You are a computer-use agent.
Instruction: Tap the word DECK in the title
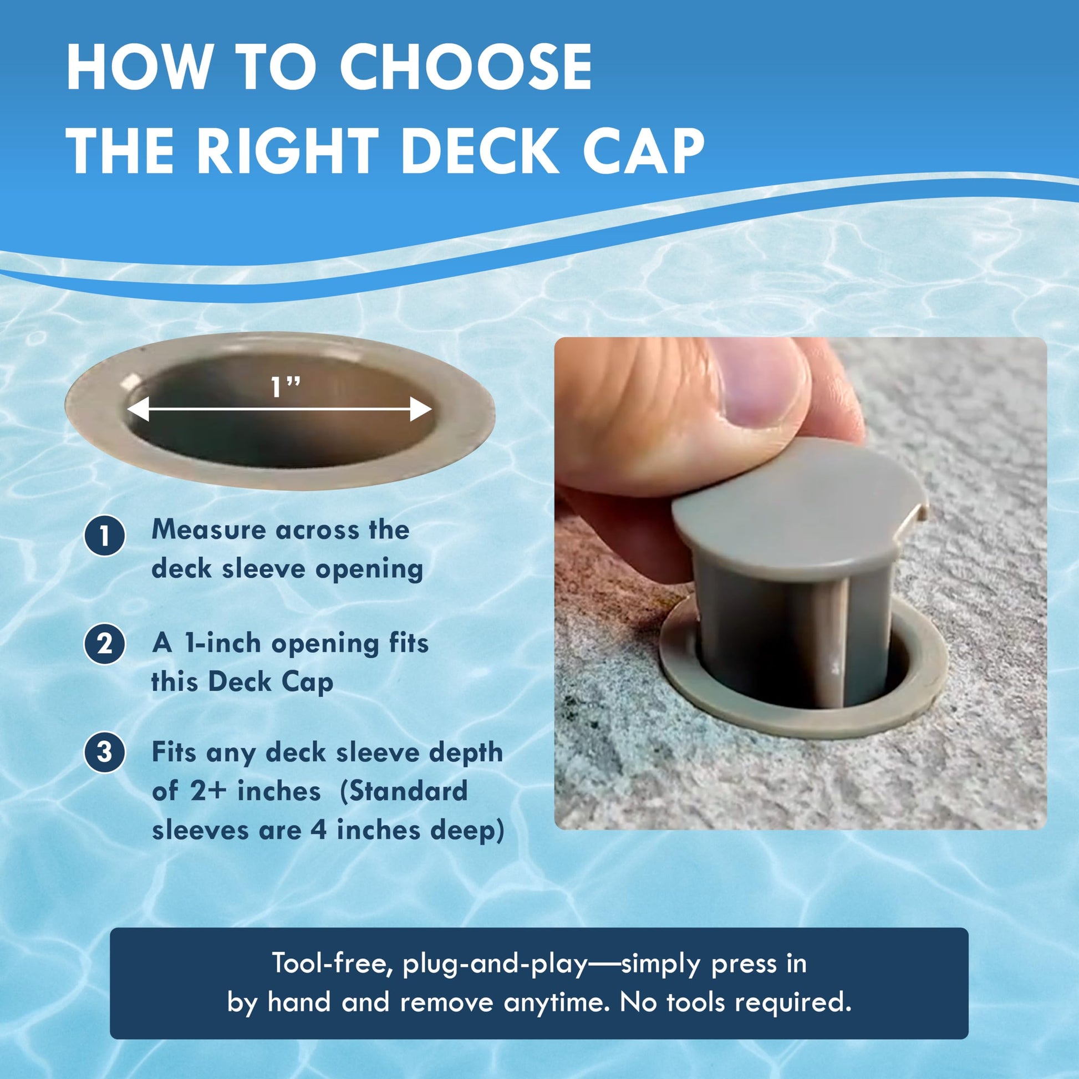pos(480,150)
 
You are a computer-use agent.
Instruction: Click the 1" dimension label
pos(286,388)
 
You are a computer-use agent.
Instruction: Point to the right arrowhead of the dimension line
pos(421,409)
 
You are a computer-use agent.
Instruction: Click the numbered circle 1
pos(104,536)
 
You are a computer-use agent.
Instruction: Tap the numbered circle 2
pos(104,644)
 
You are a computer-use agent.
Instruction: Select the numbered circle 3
pos(104,752)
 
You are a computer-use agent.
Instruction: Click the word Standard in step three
pos(404,791)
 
